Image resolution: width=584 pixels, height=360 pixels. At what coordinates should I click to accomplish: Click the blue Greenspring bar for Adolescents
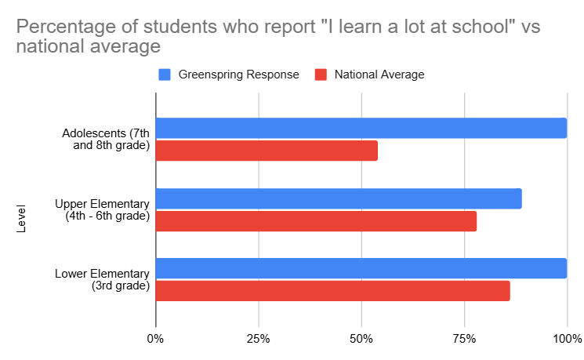tap(361, 128)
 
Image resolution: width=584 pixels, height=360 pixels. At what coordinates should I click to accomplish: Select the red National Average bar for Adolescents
tap(267, 151)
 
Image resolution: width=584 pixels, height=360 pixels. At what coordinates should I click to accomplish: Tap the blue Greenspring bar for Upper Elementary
tap(339, 198)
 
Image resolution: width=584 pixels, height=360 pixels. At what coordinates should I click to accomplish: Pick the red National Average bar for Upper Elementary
tap(316, 221)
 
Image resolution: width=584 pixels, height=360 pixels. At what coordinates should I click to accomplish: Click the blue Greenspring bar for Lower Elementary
tap(361, 268)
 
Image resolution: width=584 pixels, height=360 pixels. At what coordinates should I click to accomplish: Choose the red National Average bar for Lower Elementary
tap(332, 291)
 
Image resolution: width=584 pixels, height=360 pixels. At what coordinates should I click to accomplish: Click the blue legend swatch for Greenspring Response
tap(165, 75)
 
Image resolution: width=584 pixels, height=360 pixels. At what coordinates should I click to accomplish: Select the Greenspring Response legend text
tap(239, 75)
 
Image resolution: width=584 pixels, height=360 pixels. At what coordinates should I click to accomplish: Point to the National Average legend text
tap(379, 75)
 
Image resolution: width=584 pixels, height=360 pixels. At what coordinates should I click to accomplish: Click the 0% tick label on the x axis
tap(156, 340)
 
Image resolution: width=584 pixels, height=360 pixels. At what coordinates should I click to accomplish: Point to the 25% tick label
tap(259, 340)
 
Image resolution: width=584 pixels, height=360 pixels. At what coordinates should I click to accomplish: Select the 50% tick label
tap(361, 340)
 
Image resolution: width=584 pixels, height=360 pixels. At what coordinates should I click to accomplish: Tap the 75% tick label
tap(464, 340)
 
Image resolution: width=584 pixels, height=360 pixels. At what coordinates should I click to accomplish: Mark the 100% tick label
tap(566, 340)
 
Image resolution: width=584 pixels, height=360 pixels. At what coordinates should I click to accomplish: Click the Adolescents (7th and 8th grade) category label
tap(106, 139)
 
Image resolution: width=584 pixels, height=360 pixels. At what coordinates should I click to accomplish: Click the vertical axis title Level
tap(21, 219)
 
